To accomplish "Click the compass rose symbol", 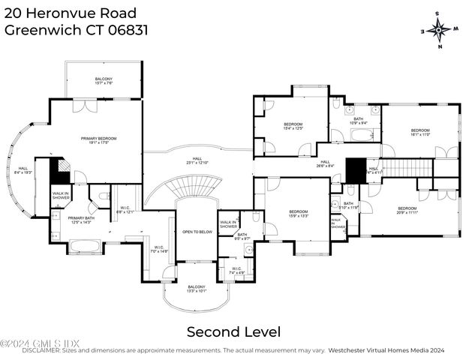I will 440,30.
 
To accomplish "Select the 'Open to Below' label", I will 197,232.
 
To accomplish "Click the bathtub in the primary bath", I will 85,245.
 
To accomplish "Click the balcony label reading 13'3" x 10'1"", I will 197,289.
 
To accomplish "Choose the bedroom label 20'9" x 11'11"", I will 407,210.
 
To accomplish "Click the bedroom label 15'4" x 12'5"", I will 293,126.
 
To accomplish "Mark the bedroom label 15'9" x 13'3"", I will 299,214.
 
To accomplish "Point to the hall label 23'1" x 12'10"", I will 197,160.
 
